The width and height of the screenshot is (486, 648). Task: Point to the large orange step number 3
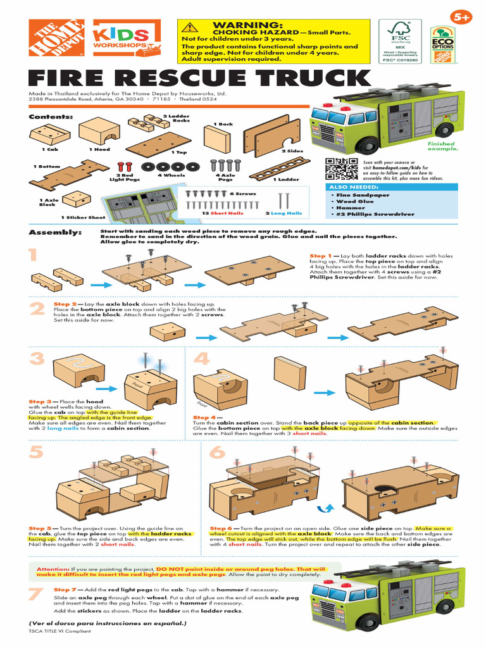tap(37, 361)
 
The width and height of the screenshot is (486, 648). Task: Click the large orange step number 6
tap(217, 453)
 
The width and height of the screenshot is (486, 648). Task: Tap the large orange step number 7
tap(36, 595)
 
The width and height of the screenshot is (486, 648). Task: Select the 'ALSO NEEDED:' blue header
tap(354, 187)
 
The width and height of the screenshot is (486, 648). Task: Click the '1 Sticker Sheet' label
tap(83, 217)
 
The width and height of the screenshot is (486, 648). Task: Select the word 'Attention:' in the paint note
tap(53, 568)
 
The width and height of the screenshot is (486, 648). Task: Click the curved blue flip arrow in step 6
tap(327, 508)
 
